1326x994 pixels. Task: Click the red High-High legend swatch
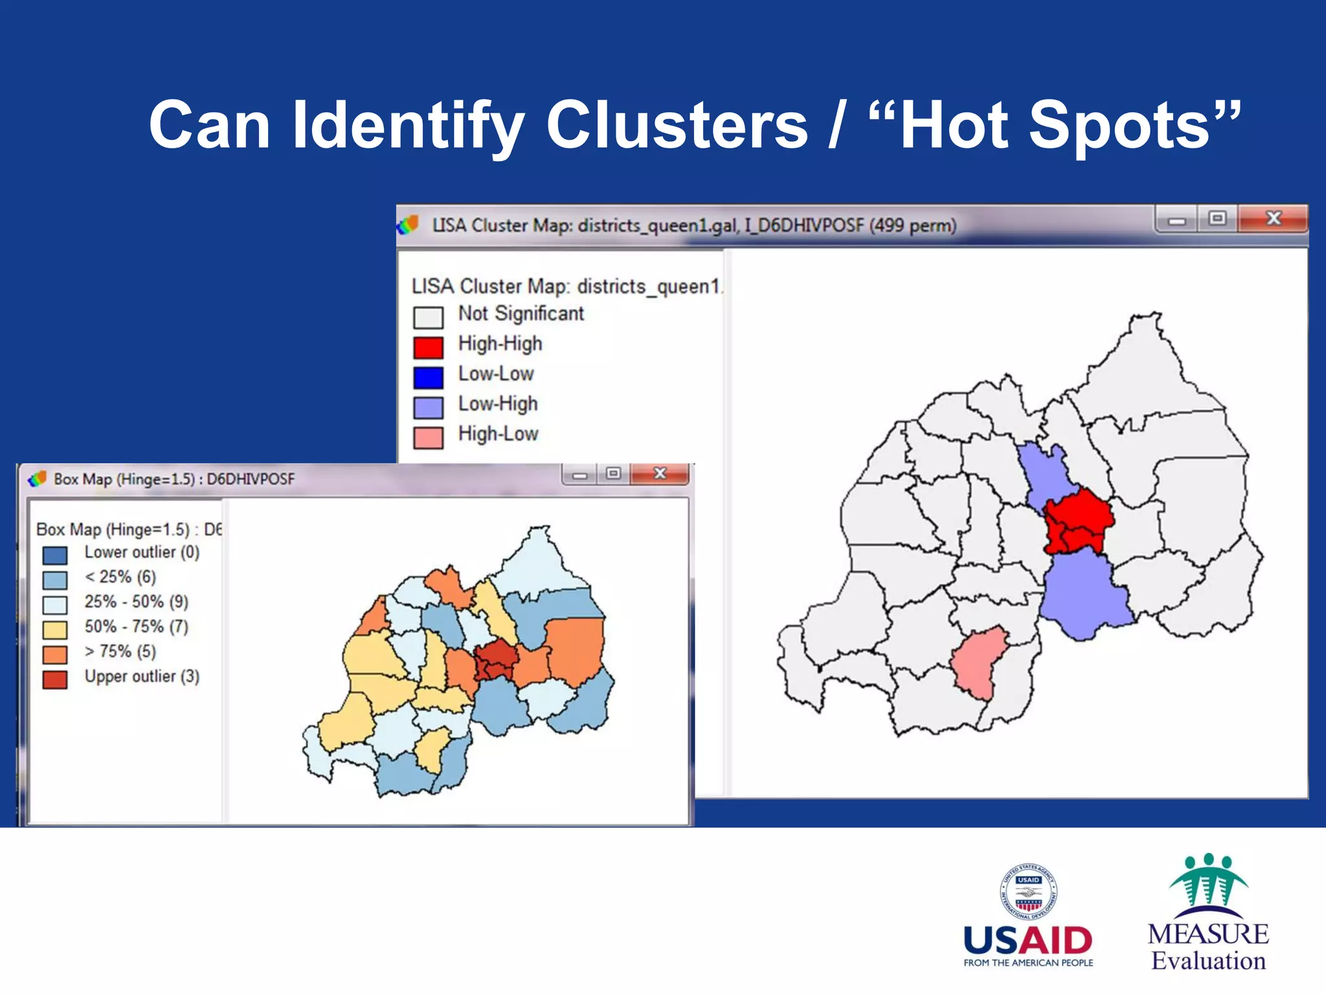point(428,348)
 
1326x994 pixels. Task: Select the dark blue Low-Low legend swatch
point(428,377)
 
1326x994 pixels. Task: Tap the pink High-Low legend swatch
point(428,437)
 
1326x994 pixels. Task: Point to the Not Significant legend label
point(521,314)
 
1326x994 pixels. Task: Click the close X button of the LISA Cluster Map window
point(1273,219)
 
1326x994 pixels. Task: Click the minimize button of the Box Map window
point(579,475)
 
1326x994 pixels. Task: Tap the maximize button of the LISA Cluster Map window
point(1217,219)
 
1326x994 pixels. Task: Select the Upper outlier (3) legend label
point(142,676)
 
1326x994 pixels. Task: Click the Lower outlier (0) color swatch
point(55,555)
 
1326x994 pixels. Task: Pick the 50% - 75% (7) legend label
point(136,626)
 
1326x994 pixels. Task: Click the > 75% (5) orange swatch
point(55,654)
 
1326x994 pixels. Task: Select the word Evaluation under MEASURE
point(1208,961)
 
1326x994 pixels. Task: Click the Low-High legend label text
point(498,404)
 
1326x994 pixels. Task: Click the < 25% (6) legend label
point(120,577)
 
